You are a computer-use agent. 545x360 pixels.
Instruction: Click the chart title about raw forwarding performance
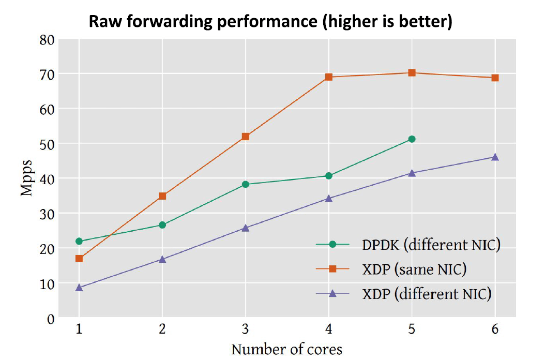pos(270,22)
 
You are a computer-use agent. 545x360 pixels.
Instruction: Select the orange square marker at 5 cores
pos(412,73)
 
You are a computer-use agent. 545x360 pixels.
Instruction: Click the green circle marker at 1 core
pos(79,241)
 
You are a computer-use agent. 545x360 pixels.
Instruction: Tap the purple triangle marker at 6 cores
pos(495,157)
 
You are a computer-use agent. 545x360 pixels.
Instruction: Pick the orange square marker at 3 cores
pos(246,137)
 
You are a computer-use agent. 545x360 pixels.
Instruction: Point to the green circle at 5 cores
pos(412,139)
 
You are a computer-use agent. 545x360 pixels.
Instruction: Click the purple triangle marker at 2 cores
pos(162,259)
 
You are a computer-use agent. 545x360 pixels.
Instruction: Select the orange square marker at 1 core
pos(79,259)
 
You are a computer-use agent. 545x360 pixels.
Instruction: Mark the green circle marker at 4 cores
pos(328,176)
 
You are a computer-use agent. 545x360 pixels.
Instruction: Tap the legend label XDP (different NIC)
pos(426,294)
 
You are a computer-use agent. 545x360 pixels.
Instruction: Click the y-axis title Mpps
pos(27,178)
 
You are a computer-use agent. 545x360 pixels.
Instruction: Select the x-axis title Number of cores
pos(286,350)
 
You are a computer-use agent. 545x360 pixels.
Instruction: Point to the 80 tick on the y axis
pos(47,40)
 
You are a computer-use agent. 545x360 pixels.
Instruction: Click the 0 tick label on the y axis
pos(50,319)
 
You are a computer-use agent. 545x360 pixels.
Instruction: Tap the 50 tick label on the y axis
pos(47,144)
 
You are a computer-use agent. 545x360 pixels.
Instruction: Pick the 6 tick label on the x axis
pos(495,329)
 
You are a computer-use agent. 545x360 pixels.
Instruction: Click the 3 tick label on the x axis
pos(246,329)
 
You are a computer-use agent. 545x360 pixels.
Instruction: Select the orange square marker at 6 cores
pos(495,78)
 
